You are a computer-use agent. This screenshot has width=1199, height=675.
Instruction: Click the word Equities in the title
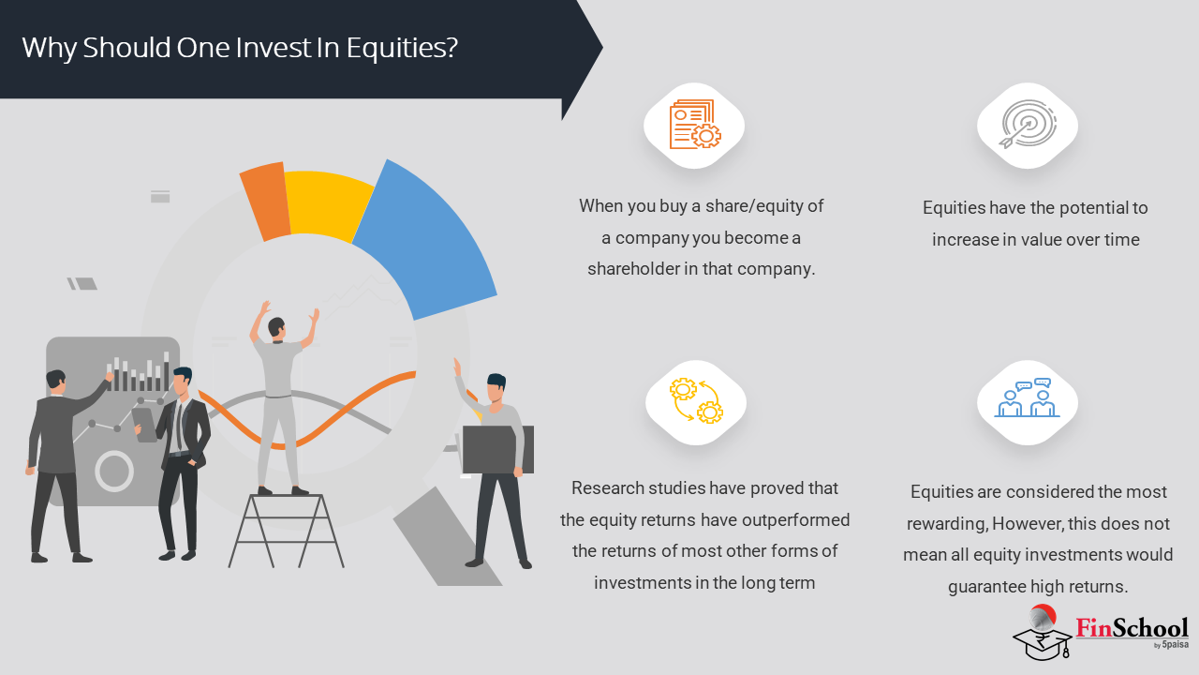tap(402, 48)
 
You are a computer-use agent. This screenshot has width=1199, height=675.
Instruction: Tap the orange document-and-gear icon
tap(695, 125)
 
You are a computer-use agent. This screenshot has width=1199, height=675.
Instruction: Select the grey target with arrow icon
tap(1028, 125)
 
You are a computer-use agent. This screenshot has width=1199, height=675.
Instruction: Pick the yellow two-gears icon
tap(696, 401)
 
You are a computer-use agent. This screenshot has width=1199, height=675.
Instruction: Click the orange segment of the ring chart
tap(265, 202)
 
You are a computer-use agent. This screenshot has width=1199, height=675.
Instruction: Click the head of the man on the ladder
tap(276, 327)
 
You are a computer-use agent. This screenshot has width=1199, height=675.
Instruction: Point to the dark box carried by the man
tap(497, 449)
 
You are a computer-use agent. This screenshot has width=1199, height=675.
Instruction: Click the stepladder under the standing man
tap(286, 531)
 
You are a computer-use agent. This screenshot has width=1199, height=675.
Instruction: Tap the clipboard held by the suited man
tap(144, 425)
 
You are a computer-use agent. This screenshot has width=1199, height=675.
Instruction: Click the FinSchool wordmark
tap(1132, 628)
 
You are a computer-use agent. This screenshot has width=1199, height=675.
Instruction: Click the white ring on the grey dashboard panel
tap(114, 472)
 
